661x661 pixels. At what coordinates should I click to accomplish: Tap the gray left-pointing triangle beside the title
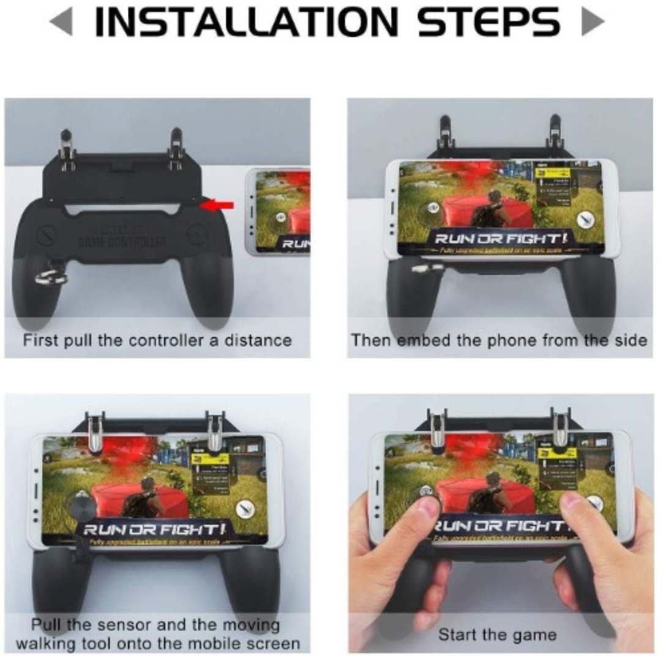[61, 22]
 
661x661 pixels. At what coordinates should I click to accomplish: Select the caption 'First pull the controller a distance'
[157, 340]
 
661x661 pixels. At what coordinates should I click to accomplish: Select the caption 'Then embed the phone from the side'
[499, 340]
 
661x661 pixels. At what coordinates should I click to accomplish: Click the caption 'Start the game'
[497, 635]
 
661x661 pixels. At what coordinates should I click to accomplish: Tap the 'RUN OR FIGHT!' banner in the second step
[501, 238]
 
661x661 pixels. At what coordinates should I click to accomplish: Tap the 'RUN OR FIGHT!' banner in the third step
[154, 528]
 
